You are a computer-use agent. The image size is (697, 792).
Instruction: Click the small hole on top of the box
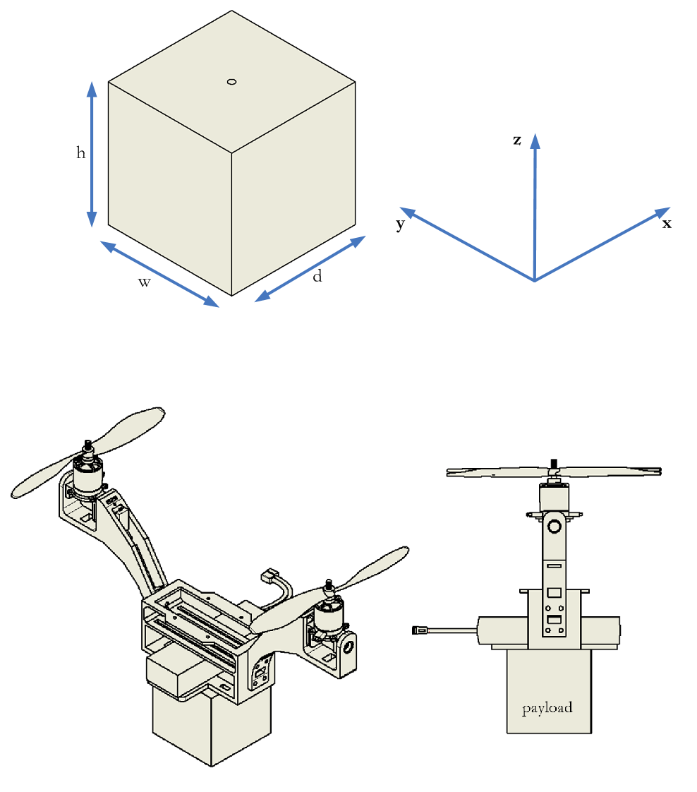click(x=231, y=82)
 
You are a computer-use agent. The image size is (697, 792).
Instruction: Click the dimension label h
click(x=81, y=152)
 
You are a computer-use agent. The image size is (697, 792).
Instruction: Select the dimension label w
click(x=144, y=282)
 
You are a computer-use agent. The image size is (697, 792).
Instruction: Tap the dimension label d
click(x=317, y=277)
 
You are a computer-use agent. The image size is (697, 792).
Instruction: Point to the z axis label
click(x=517, y=140)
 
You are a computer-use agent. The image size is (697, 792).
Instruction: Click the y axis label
click(x=400, y=225)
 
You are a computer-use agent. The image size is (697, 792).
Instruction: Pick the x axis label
click(x=667, y=224)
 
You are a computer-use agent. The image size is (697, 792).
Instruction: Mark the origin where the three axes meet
click(x=535, y=281)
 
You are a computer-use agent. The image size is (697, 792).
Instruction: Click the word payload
click(x=547, y=707)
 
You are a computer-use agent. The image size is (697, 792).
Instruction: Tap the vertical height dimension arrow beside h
click(x=91, y=153)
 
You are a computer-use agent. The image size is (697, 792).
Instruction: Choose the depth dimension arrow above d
click(x=310, y=268)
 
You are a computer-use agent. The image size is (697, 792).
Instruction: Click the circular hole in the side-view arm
click(x=554, y=526)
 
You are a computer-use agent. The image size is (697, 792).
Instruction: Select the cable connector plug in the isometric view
click(x=269, y=577)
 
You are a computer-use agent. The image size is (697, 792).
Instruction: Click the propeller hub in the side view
click(x=554, y=465)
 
